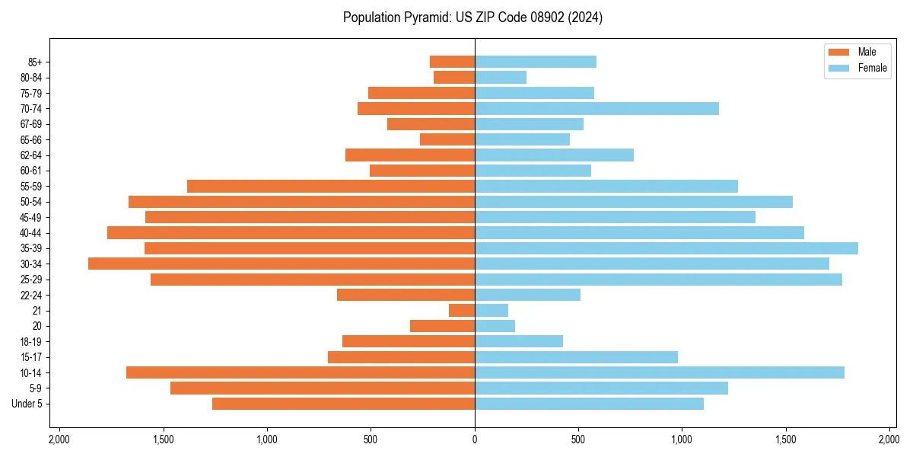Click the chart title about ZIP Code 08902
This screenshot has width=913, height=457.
[x=472, y=18]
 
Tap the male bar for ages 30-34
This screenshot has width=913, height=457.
[x=282, y=264]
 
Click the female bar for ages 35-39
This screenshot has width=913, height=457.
[x=666, y=248]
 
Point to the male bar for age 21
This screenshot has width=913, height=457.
[x=462, y=311]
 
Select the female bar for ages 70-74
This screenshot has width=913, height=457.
[x=596, y=108]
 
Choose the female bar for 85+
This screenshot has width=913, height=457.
[x=536, y=62]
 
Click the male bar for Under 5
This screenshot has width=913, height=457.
[x=343, y=404]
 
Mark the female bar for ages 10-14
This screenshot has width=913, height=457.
[x=660, y=372]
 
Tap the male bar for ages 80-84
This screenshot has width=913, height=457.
[x=454, y=77]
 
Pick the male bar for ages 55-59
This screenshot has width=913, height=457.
[x=331, y=186]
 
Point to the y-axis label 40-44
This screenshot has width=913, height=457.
[x=30, y=233]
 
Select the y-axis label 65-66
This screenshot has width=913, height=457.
[x=30, y=139]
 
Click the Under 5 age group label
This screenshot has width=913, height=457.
[x=27, y=404]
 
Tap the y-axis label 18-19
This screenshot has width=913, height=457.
[x=30, y=342]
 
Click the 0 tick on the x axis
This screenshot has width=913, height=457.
[x=475, y=439]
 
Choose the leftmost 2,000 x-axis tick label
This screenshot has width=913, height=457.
[x=59, y=439]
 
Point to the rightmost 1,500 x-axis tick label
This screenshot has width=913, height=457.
[x=786, y=439]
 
